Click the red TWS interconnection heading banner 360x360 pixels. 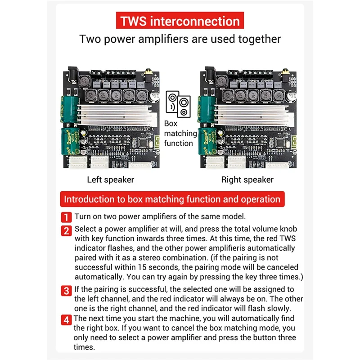pos(180,22)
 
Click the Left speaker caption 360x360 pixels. pos(110,180)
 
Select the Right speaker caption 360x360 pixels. pos(247,180)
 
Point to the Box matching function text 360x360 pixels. pos(180,133)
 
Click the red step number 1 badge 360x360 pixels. pos(66,216)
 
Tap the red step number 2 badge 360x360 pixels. pos(66,231)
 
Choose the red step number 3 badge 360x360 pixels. pos(66,290)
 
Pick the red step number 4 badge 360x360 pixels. pos(66,320)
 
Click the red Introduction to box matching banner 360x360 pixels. pos(172,199)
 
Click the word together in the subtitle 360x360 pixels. pos(258,39)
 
